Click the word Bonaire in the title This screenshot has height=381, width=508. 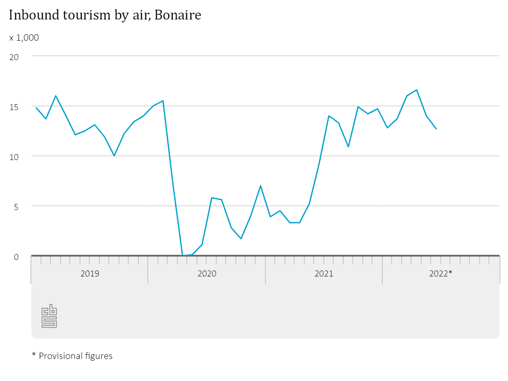(178, 15)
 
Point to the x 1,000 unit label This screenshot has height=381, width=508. (24, 38)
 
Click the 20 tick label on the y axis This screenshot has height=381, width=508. (14, 56)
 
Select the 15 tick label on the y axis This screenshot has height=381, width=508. (14, 106)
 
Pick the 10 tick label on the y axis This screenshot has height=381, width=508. (14, 156)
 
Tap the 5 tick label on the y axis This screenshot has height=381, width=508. (17, 206)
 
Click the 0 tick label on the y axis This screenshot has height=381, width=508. (17, 257)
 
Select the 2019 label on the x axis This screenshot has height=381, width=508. (90, 273)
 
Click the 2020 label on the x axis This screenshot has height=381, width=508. (207, 273)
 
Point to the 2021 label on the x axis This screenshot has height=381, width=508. (324, 273)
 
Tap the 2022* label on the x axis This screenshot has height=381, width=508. (441, 273)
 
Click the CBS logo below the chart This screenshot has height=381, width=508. (49, 316)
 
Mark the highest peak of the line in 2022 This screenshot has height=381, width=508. (417, 90)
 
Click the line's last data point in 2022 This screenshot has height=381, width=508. (436, 129)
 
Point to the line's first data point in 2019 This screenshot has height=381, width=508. (36, 108)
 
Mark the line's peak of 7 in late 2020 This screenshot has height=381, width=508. (260, 185)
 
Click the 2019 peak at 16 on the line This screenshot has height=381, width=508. (55, 96)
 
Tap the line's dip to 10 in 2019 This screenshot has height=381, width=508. (114, 156)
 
